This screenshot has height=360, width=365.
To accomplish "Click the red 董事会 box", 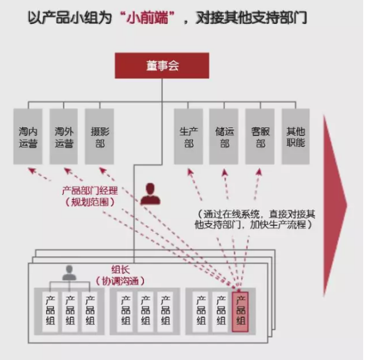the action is tap(162, 66).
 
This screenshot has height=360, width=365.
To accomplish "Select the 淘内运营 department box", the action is tap(28, 137).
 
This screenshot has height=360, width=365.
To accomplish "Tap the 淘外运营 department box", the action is tap(64, 137).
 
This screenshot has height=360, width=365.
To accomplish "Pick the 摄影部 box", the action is tap(100, 137).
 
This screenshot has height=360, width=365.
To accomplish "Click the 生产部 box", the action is tap(188, 137).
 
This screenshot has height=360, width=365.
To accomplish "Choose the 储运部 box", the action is tap(223, 137).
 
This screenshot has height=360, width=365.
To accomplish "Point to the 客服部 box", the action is tap(260, 137).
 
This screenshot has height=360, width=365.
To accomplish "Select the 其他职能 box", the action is tap(295, 137).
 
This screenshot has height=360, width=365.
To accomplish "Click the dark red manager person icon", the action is tap(150, 194).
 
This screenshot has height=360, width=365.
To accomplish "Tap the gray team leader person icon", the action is tap(70, 273).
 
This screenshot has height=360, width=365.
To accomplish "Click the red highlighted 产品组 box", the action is tap(240, 312).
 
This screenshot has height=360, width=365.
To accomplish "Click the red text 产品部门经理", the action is tap(90, 191).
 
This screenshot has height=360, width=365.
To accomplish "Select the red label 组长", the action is tap(121, 270).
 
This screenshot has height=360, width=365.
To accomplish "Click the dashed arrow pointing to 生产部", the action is tap(195, 185).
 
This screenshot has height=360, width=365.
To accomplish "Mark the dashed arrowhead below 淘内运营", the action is tap(31, 170).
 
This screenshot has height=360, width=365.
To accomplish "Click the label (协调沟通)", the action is tap(120, 281).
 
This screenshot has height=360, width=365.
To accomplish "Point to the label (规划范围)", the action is tap(90, 202).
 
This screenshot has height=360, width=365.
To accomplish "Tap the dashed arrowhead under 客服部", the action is tap(259, 172).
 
